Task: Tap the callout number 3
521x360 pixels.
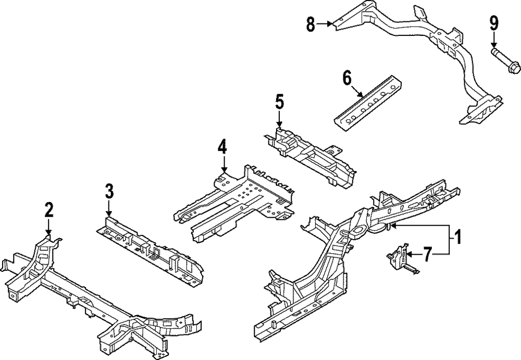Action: [109, 191]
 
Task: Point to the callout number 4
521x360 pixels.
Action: [222, 147]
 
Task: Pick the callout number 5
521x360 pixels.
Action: [279, 102]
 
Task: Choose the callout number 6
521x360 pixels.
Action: [347, 78]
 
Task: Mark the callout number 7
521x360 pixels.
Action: [427, 254]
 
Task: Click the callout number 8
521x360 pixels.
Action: [311, 23]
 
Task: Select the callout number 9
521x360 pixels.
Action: [493, 23]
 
